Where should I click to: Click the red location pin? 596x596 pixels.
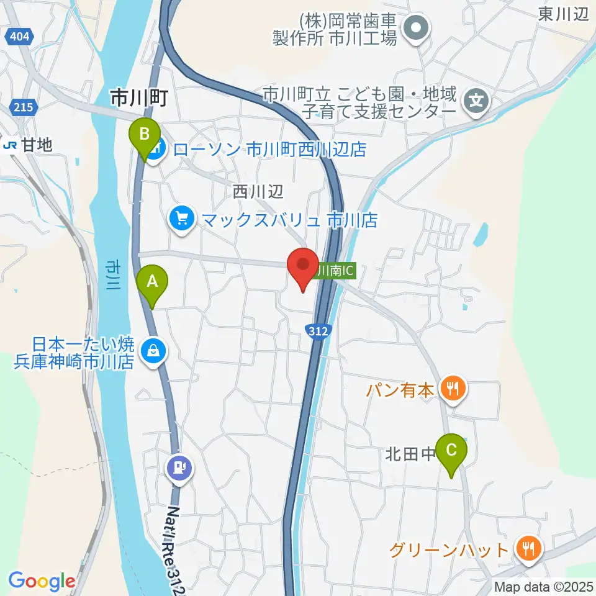pos(303,268)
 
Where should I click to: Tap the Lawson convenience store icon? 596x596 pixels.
pos(156,149)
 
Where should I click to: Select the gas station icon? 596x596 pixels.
pos(180,467)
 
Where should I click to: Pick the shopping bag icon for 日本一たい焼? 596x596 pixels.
pos(152,352)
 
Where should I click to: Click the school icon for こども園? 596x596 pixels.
pos(476,98)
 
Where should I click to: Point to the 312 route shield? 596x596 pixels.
pos(317,332)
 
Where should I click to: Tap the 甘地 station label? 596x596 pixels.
pos(27,145)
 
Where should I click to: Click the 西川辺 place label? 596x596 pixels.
pos(258,192)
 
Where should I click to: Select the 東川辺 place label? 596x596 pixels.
pos(563,15)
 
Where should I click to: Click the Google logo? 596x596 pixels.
pos(42,581)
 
